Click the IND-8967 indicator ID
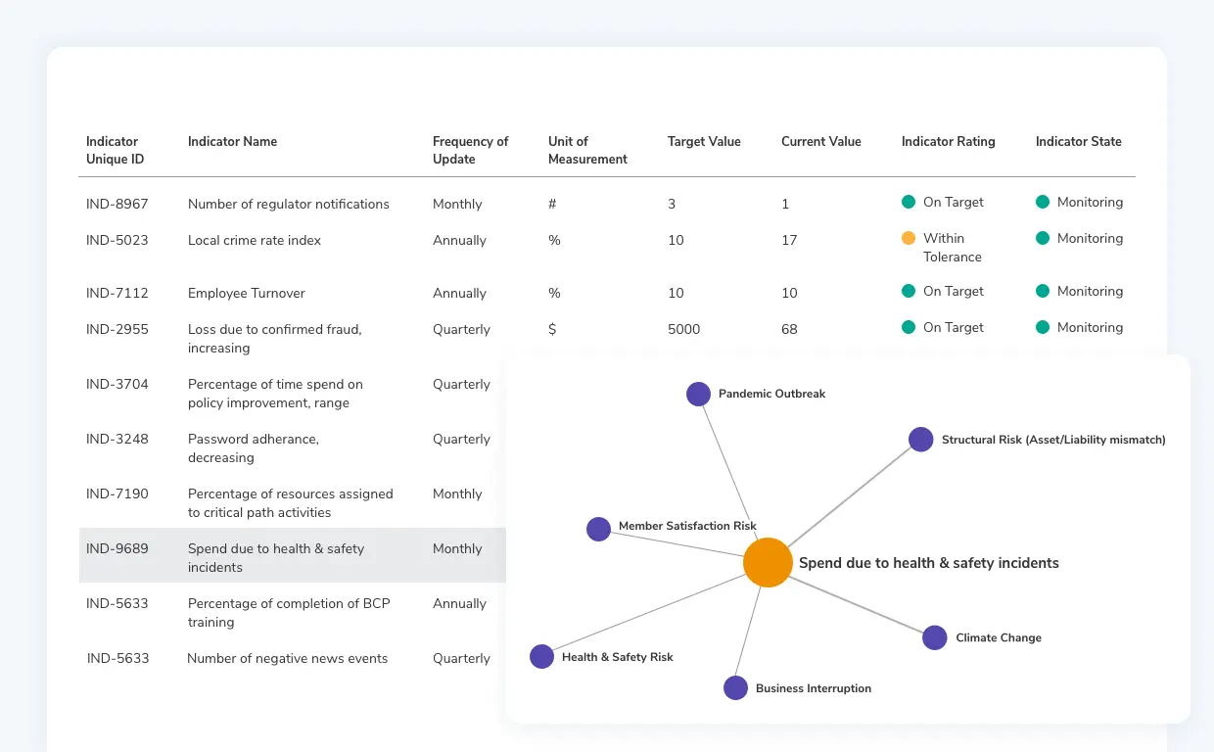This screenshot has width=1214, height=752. (117, 204)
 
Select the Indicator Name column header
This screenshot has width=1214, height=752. (232, 141)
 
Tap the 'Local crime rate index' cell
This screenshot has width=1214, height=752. (255, 240)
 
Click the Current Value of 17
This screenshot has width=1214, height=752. (789, 240)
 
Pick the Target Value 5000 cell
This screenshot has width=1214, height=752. (683, 329)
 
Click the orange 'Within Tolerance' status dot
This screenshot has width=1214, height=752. (909, 238)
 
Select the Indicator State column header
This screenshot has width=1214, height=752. (1078, 141)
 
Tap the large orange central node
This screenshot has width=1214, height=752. (768, 563)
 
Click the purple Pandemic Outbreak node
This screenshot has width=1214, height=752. (698, 394)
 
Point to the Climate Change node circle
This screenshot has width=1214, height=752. (935, 637)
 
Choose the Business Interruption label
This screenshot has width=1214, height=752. (813, 688)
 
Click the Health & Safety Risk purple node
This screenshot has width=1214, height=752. (541, 657)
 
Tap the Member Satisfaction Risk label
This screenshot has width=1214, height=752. (687, 526)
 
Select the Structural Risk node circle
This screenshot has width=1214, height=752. (920, 440)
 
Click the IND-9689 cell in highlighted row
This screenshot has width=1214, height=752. (117, 548)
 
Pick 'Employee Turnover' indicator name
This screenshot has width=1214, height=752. (247, 293)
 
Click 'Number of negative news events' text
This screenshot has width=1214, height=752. (287, 658)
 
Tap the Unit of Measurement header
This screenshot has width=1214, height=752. (587, 150)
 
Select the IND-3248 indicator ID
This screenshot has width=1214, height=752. (117, 439)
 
